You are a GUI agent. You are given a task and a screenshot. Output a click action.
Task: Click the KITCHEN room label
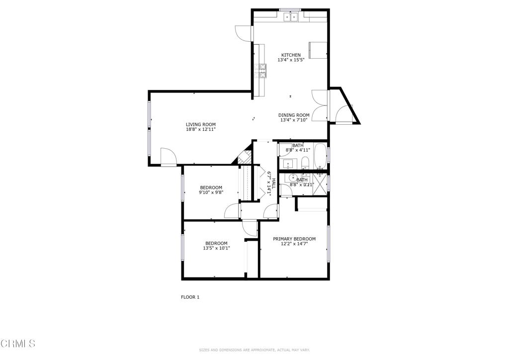click(291, 55)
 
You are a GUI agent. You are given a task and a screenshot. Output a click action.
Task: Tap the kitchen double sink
click(290, 17)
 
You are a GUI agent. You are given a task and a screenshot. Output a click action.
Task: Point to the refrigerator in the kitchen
click(318, 50)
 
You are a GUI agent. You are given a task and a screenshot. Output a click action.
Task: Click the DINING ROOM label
click(293, 115)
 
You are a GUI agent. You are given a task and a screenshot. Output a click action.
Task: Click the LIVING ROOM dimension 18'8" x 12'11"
click(201, 129)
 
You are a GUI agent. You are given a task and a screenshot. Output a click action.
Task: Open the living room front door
click(168, 158)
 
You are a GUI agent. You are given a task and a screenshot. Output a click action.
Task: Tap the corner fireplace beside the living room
click(244, 157)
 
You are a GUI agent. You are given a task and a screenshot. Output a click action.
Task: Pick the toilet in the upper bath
click(305, 162)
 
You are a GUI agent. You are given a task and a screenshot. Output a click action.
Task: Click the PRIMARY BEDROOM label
click(294, 239)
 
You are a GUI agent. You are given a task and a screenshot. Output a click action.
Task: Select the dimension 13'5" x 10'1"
click(216, 248)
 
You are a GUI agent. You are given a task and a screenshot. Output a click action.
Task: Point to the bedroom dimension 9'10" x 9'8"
click(211, 192)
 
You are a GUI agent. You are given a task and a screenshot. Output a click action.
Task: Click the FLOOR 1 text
click(190, 297)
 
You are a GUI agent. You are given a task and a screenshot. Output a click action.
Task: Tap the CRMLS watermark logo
click(18, 343)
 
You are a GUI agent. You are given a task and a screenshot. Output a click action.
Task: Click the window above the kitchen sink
click(290, 9)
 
